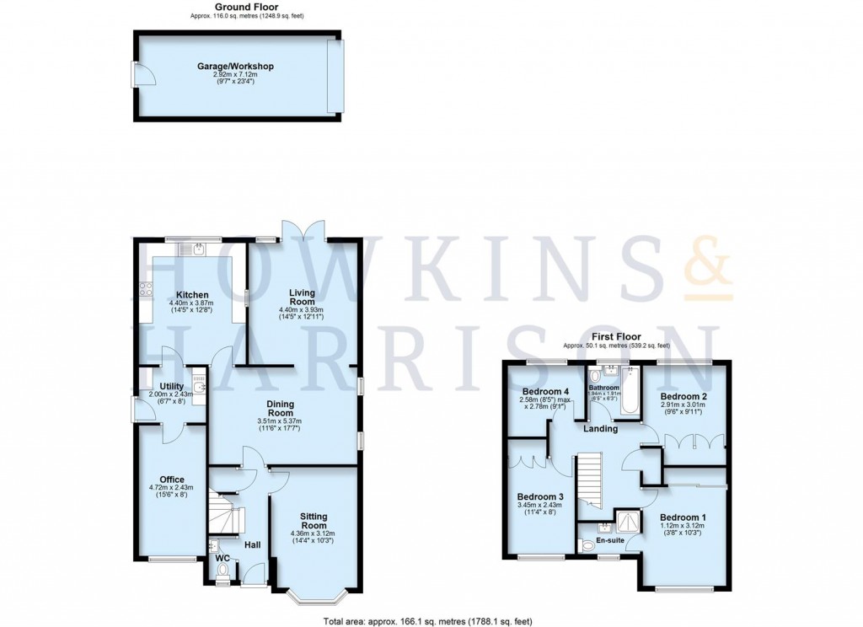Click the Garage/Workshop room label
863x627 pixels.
click(236, 66)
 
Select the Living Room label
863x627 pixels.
click(301, 297)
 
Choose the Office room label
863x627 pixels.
click(172, 480)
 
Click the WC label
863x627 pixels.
click(222, 558)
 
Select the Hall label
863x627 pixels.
click(252, 545)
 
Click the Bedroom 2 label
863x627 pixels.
click(683, 396)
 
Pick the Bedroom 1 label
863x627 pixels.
click(682, 517)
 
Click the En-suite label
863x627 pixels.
click(609, 540)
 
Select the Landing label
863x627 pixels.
click(600, 428)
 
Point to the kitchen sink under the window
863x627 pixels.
click(196, 248)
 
